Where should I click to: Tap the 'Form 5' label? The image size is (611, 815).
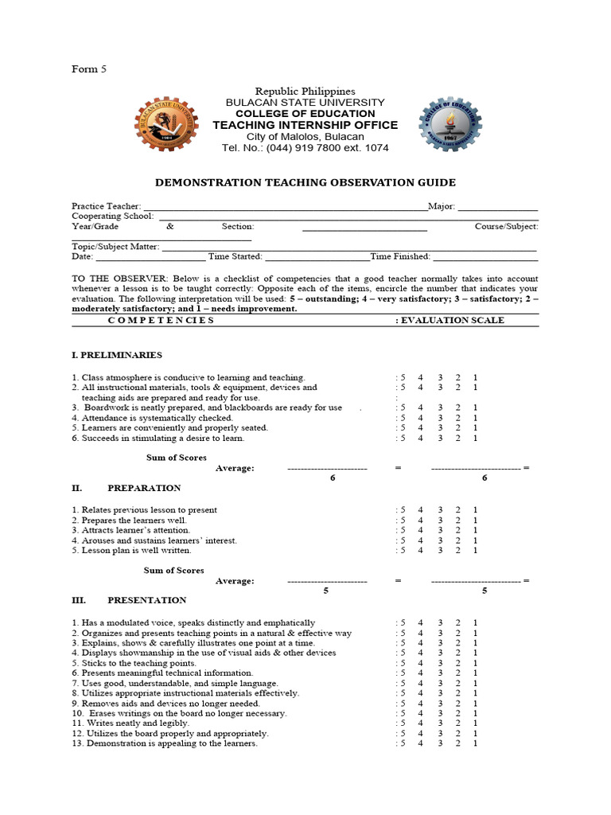point(89,69)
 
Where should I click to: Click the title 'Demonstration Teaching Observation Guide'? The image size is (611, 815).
point(305,182)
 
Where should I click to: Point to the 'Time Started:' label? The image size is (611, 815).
point(235,256)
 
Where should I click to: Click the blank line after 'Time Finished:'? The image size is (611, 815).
point(485,256)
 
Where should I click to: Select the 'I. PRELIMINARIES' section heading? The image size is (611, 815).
point(117,355)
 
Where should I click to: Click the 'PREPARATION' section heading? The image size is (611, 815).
point(144,488)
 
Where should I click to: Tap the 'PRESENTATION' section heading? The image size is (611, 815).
point(146,600)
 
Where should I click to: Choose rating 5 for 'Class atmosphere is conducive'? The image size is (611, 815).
point(403,377)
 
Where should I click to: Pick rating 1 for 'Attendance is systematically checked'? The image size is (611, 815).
point(475,418)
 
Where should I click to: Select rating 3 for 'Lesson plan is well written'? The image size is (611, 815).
point(439,550)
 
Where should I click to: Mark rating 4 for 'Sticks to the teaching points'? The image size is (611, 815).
point(420,663)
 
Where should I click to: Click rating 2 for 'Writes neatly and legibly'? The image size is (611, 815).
point(457,723)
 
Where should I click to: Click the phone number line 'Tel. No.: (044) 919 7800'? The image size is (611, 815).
point(305,148)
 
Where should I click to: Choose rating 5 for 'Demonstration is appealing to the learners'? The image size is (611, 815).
point(403,743)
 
